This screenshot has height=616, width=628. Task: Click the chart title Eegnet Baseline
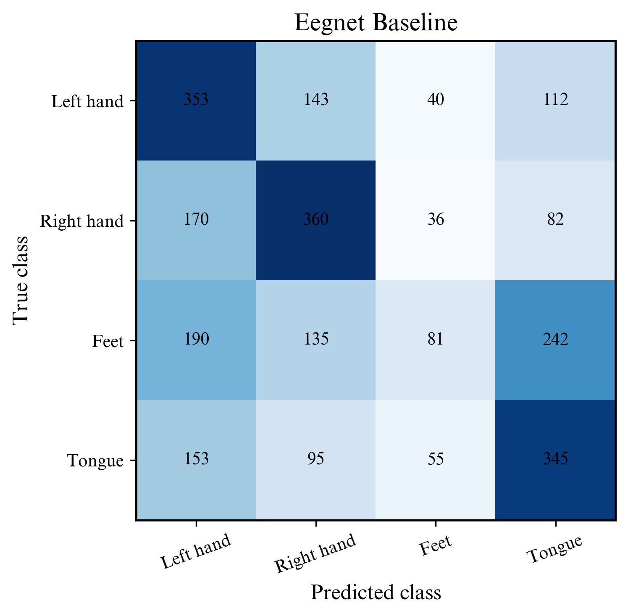pyautogui.click(x=376, y=23)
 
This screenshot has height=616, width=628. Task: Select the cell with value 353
pyautogui.click(x=196, y=100)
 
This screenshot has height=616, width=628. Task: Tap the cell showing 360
pyautogui.click(x=316, y=220)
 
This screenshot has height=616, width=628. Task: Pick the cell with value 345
pyautogui.click(x=555, y=460)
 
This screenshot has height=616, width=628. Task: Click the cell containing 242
pyautogui.click(x=555, y=340)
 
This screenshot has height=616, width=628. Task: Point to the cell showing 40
pyautogui.click(x=436, y=100)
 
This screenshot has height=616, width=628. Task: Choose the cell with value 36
pyautogui.click(x=436, y=220)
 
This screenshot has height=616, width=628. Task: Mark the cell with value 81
pyautogui.click(x=436, y=340)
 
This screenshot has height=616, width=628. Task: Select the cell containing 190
pyautogui.click(x=196, y=340)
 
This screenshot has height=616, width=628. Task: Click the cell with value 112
pyautogui.click(x=555, y=100)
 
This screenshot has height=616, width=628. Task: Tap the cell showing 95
pyautogui.click(x=316, y=460)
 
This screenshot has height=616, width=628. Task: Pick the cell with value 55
pyautogui.click(x=436, y=460)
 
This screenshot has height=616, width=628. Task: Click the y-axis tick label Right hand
pyautogui.click(x=82, y=221)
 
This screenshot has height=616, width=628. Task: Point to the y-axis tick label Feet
pyautogui.click(x=108, y=341)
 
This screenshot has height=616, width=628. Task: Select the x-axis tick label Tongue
pyautogui.click(x=555, y=549)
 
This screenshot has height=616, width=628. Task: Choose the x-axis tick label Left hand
pyautogui.click(x=196, y=552)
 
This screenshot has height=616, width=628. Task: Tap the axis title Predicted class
pyautogui.click(x=376, y=592)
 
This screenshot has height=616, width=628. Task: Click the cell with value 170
pyautogui.click(x=196, y=220)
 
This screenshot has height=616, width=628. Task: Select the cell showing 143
pyautogui.click(x=316, y=100)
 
